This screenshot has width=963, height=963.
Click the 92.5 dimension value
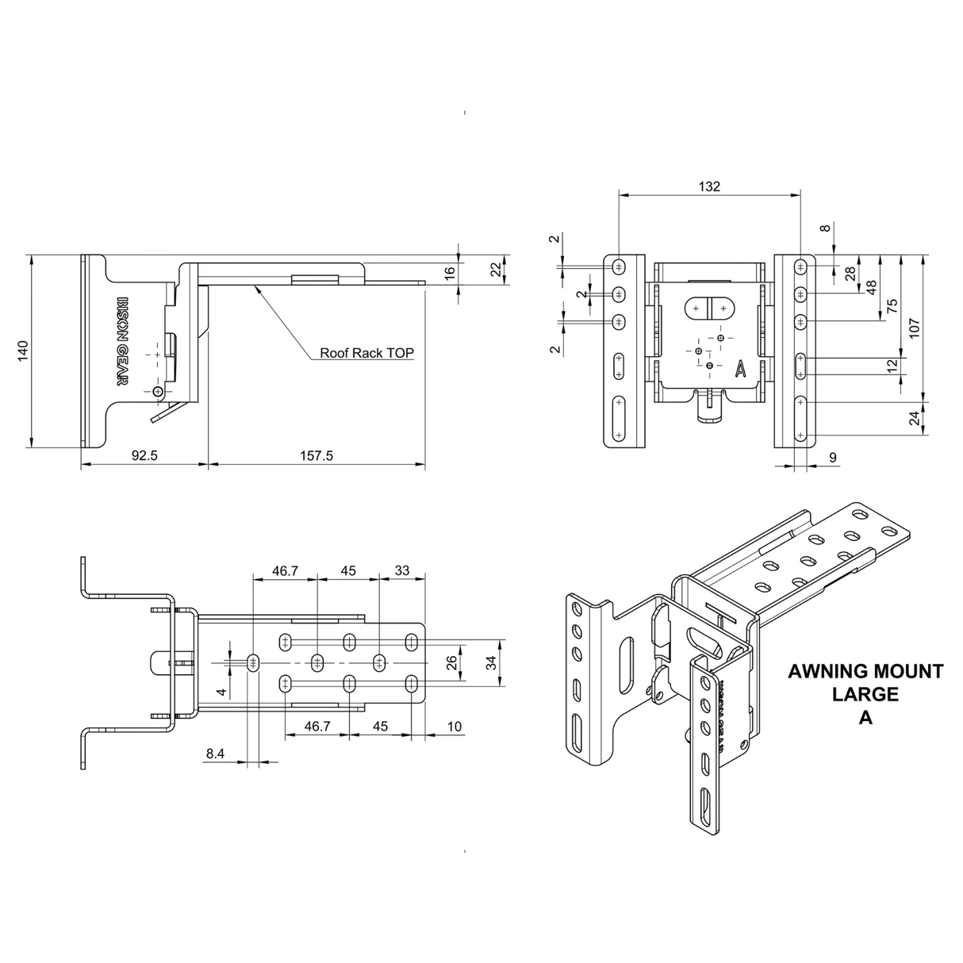[144, 455]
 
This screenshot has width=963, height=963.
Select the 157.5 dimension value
[317, 455]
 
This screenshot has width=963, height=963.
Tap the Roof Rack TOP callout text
[366, 354]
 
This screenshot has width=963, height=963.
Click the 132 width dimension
[709, 186]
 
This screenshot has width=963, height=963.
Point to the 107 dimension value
[913, 328]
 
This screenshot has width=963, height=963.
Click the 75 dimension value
[891, 306]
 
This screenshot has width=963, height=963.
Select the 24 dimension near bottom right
[913, 418]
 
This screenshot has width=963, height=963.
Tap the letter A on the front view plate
[740, 368]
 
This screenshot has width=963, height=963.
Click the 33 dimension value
[402, 570]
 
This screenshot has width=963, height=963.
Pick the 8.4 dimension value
[215, 754]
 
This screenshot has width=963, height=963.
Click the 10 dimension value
[454, 727]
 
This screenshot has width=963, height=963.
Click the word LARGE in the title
[865, 695]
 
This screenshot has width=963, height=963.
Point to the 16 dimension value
[450, 272]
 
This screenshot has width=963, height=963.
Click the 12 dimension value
[892, 366]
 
